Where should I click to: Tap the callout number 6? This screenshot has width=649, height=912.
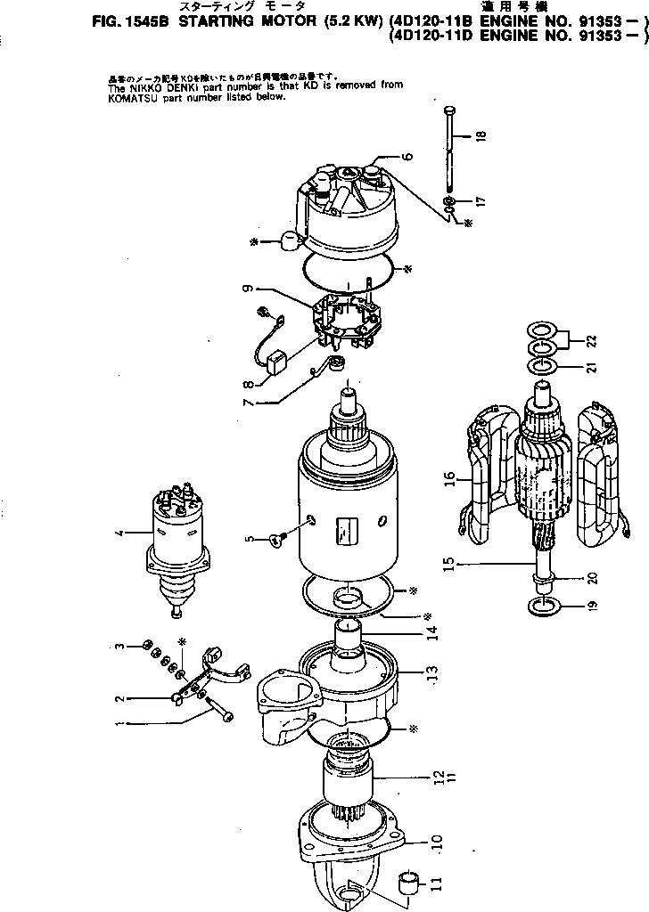tap(408, 157)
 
